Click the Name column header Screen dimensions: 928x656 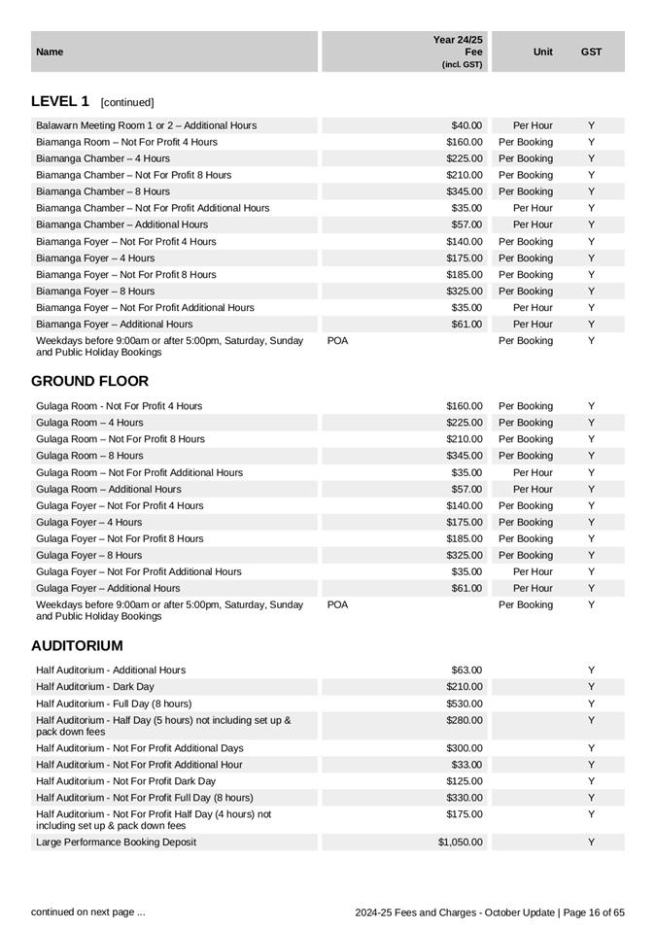pyautogui.click(x=50, y=52)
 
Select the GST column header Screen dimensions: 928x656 pyautogui.click(x=591, y=52)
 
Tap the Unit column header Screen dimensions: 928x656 pyautogui.click(x=543, y=52)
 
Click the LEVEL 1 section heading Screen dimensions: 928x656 pyautogui.click(x=60, y=101)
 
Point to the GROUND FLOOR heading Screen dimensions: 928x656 pyautogui.click(x=89, y=381)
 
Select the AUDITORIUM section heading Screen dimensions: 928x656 pyautogui.click(x=77, y=645)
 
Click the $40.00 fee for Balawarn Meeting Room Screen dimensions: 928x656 pyautogui.click(x=466, y=125)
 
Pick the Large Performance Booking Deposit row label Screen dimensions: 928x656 pyautogui.click(x=116, y=842)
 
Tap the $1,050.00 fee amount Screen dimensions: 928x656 pyautogui.click(x=460, y=842)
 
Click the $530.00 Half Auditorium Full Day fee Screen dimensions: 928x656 pyautogui.click(x=464, y=704)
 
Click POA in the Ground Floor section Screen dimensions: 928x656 pyautogui.click(x=337, y=604)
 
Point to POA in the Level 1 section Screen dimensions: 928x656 pyautogui.click(x=337, y=341)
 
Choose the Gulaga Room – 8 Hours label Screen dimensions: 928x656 pyautogui.click(x=89, y=456)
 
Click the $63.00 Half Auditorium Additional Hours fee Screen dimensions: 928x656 pyautogui.click(x=466, y=670)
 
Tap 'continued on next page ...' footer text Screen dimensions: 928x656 pyautogui.click(x=88, y=911)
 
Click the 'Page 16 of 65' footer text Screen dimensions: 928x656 pyautogui.click(x=594, y=911)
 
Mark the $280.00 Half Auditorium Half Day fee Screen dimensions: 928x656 pyautogui.click(x=464, y=720)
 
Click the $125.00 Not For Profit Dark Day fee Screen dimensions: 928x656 pyautogui.click(x=464, y=781)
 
